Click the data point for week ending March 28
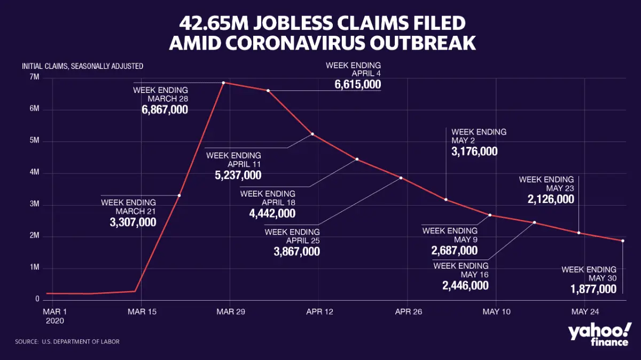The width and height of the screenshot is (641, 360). click(223, 82)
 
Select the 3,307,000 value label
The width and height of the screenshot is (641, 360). click(133, 222)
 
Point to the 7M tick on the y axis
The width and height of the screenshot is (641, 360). click(34, 78)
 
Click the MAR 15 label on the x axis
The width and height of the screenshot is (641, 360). click(142, 311)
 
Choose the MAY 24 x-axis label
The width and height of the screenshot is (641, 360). click(585, 311)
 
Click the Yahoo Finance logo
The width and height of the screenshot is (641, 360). click(599, 334)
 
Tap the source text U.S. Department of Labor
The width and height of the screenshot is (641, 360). click(80, 341)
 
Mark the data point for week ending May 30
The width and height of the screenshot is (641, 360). click(623, 241)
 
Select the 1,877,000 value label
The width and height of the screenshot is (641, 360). click(593, 289)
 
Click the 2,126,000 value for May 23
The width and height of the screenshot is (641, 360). click(551, 199)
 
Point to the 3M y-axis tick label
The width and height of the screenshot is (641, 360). click(34, 205)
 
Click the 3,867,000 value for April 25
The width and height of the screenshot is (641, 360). click(297, 251)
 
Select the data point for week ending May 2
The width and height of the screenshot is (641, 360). click(445, 200)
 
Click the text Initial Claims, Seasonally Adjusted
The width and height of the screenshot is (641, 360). click(82, 67)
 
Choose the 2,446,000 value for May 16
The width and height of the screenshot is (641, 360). click(465, 285)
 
